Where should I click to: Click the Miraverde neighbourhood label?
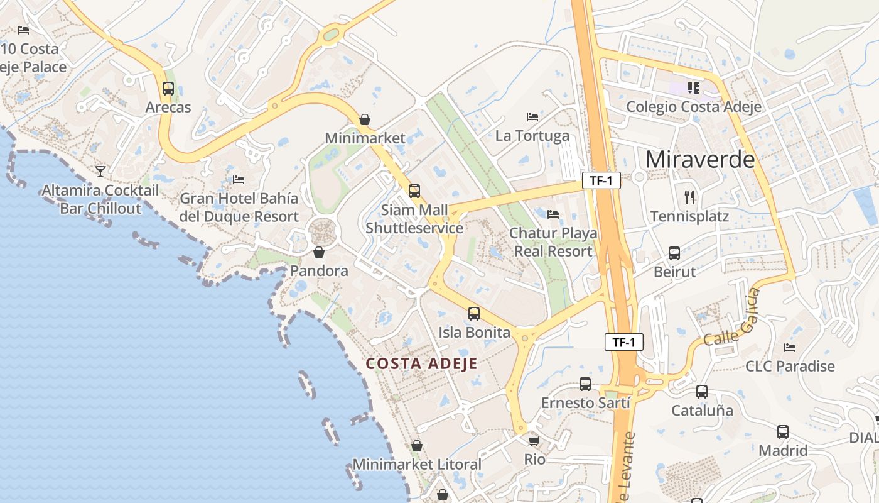coord(700,159)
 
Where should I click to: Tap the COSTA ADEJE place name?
coord(422,363)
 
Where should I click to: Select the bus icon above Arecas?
coord(168,89)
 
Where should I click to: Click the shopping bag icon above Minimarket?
coord(364,119)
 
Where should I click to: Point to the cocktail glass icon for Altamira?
coord(100,171)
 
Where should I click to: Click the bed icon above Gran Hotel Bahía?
coord(239,180)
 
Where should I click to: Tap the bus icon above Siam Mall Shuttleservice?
coord(414,191)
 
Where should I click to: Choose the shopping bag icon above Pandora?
coord(319,253)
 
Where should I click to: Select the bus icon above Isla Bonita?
coord(474,313)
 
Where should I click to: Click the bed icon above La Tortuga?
coord(532,117)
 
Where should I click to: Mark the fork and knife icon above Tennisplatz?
coord(689,197)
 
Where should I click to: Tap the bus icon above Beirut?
coord(674,253)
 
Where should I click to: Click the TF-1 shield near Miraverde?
coord(601,181)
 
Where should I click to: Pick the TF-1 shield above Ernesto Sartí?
coord(624,343)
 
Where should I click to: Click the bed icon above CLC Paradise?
coord(790,347)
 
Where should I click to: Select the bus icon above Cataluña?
coord(702,392)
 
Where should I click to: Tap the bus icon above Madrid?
coord(783,432)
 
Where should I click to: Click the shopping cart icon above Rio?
coord(534,441)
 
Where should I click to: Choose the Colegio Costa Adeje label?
coord(694,106)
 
